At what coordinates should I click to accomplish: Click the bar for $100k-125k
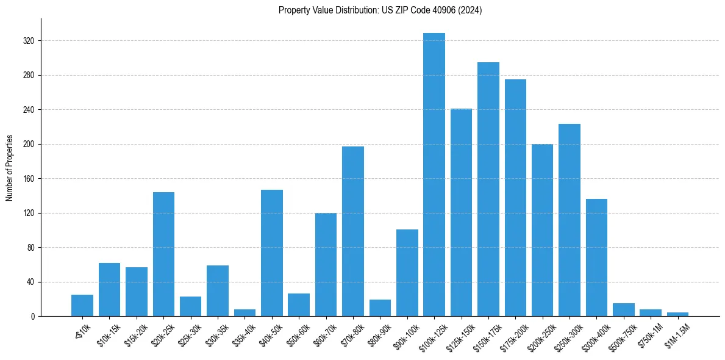[434, 175]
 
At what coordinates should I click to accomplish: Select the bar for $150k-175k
[488, 189]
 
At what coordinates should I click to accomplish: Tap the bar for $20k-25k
[163, 254]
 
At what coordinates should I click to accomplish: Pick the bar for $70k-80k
[353, 231]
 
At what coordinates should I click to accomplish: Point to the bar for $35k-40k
[245, 313]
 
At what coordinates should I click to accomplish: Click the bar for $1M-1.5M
[677, 314]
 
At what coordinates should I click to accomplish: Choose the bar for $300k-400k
[596, 257]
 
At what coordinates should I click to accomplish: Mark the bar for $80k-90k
[380, 308]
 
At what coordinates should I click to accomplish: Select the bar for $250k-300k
[570, 220]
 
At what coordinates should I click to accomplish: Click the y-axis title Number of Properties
[10, 167]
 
